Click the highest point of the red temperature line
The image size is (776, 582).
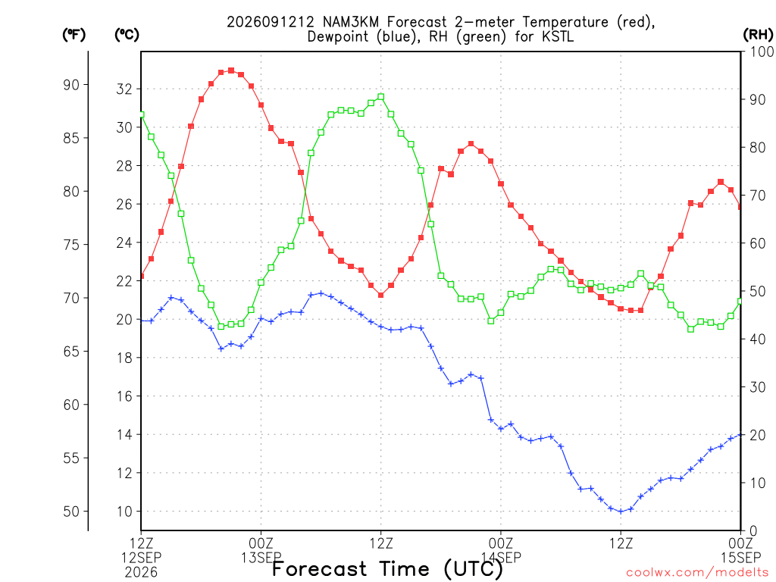coord(231,70)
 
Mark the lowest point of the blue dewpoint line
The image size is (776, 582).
coord(621,512)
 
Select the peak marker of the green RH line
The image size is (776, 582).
coord(380,97)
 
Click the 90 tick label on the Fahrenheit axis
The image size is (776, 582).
coord(71,85)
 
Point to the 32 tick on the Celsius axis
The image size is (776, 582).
coord(125,89)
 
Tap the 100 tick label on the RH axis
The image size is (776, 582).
coord(762,52)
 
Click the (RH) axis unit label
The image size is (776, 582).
coord(758,34)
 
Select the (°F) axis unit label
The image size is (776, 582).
coord(74,35)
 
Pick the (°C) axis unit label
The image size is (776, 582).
coord(127,35)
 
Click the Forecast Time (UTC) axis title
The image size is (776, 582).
coord(387,569)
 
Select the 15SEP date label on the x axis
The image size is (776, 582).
coord(741,557)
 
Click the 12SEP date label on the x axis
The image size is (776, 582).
coord(142,557)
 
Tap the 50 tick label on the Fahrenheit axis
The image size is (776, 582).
coord(71,512)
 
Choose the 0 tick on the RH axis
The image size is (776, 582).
coord(753,531)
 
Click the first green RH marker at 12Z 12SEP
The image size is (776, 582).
coord(141,114)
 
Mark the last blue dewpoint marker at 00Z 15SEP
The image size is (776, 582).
coord(740,435)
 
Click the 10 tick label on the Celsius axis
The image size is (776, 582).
coord(125,512)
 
